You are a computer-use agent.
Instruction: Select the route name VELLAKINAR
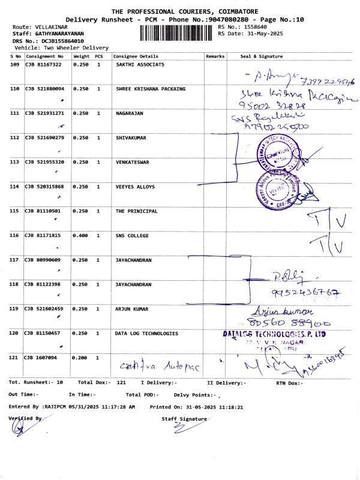54,28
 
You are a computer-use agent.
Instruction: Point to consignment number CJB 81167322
43,64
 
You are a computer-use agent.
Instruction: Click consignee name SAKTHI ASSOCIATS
140,64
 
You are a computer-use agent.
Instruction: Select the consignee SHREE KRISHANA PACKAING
151,89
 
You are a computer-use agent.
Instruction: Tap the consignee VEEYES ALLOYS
136,187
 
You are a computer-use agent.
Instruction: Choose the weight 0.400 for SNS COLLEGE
81,236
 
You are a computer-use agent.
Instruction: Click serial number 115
15,211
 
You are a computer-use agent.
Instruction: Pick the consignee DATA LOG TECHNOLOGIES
147,333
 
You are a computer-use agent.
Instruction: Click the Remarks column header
215,56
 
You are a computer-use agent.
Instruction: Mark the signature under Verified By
19,428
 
